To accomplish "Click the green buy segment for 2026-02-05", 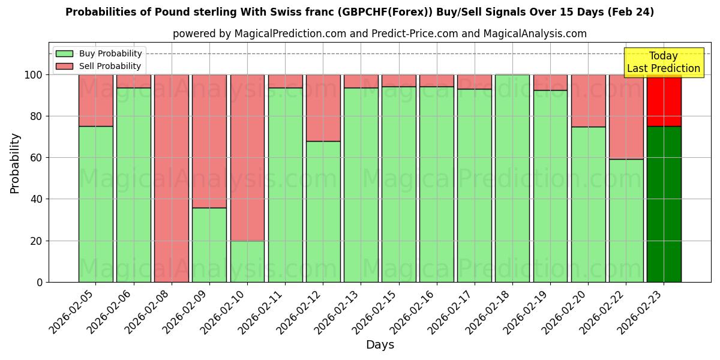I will pyautogui.click(x=95, y=204).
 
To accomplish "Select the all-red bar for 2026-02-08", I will pyautogui.click(x=172, y=178).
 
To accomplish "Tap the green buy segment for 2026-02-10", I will pyautogui.click(x=247, y=261).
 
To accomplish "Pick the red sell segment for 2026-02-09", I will pyautogui.click(x=209, y=141).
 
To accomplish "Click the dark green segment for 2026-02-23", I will pyautogui.click(x=664, y=204).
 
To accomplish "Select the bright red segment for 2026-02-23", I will pyautogui.click(x=664, y=100).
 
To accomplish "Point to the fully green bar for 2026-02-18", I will pyautogui.click(x=512, y=178).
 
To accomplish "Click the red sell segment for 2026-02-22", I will pyautogui.click(x=626, y=116).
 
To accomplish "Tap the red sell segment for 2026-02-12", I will pyautogui.click(x=323, y=108).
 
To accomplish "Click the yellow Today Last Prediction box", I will pyautogui.click(x=664, y=62).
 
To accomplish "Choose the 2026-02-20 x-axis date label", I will pyautogui.click(x=563, y=311).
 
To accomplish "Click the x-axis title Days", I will pyautogui.click(x=380, y=345).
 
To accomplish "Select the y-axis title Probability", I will pyautogui.click(x=15, y=163).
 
